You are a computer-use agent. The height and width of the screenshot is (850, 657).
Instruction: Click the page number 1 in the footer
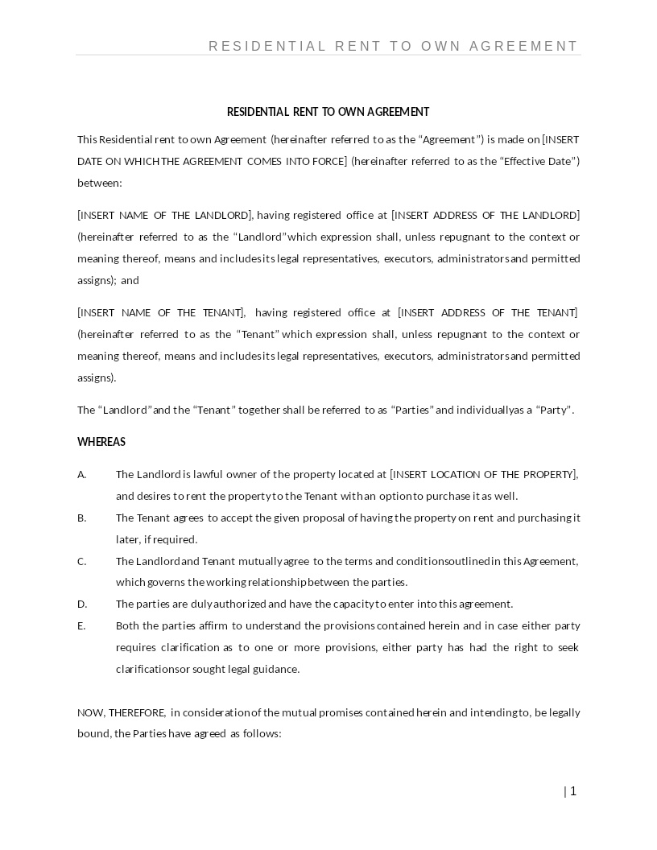573,791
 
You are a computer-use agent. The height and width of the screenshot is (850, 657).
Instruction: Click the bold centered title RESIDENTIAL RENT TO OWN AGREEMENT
328,112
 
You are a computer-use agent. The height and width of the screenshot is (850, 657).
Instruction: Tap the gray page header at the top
393,46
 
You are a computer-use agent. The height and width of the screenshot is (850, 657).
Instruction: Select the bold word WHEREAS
101,442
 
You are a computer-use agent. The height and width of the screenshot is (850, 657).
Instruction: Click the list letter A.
81,474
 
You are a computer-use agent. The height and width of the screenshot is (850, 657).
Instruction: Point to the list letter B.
81,518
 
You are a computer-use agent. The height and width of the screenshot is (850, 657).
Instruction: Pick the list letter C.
81,561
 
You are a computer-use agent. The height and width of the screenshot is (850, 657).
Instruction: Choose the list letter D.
81,604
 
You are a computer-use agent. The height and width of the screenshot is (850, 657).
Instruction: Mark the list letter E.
81,625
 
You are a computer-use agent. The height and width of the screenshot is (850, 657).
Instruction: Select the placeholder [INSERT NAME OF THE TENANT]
161,312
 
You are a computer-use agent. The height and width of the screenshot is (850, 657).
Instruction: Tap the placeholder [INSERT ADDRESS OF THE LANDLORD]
486,215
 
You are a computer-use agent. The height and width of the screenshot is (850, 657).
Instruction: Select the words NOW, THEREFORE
122,712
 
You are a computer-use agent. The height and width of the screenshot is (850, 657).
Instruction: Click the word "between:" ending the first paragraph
100,183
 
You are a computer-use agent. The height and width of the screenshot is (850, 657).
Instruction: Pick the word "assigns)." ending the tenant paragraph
97,378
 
